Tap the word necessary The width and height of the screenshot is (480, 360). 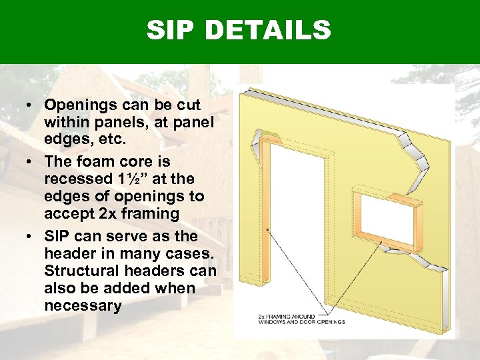[83, 305]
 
